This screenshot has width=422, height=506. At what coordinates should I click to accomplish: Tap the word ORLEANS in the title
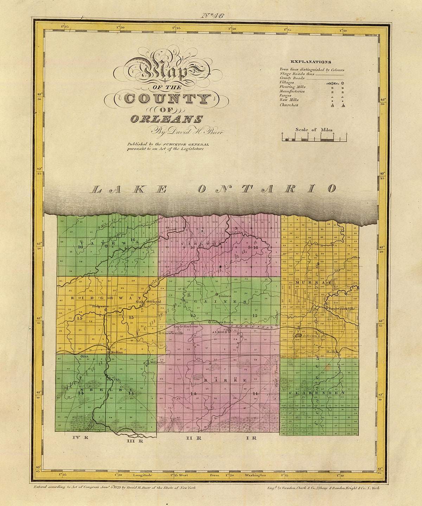coord(166,119)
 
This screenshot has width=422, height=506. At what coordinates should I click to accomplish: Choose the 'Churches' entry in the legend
coord(289,105)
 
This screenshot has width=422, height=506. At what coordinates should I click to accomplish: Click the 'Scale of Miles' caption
coord(314,130)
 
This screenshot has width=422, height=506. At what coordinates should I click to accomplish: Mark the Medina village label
coord(116,352)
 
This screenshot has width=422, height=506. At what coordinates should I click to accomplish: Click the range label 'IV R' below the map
coord(79,438)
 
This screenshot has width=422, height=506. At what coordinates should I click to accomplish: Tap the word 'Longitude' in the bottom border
coord(142,475)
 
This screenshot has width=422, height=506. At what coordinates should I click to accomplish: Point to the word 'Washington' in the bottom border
coord(256,475)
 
